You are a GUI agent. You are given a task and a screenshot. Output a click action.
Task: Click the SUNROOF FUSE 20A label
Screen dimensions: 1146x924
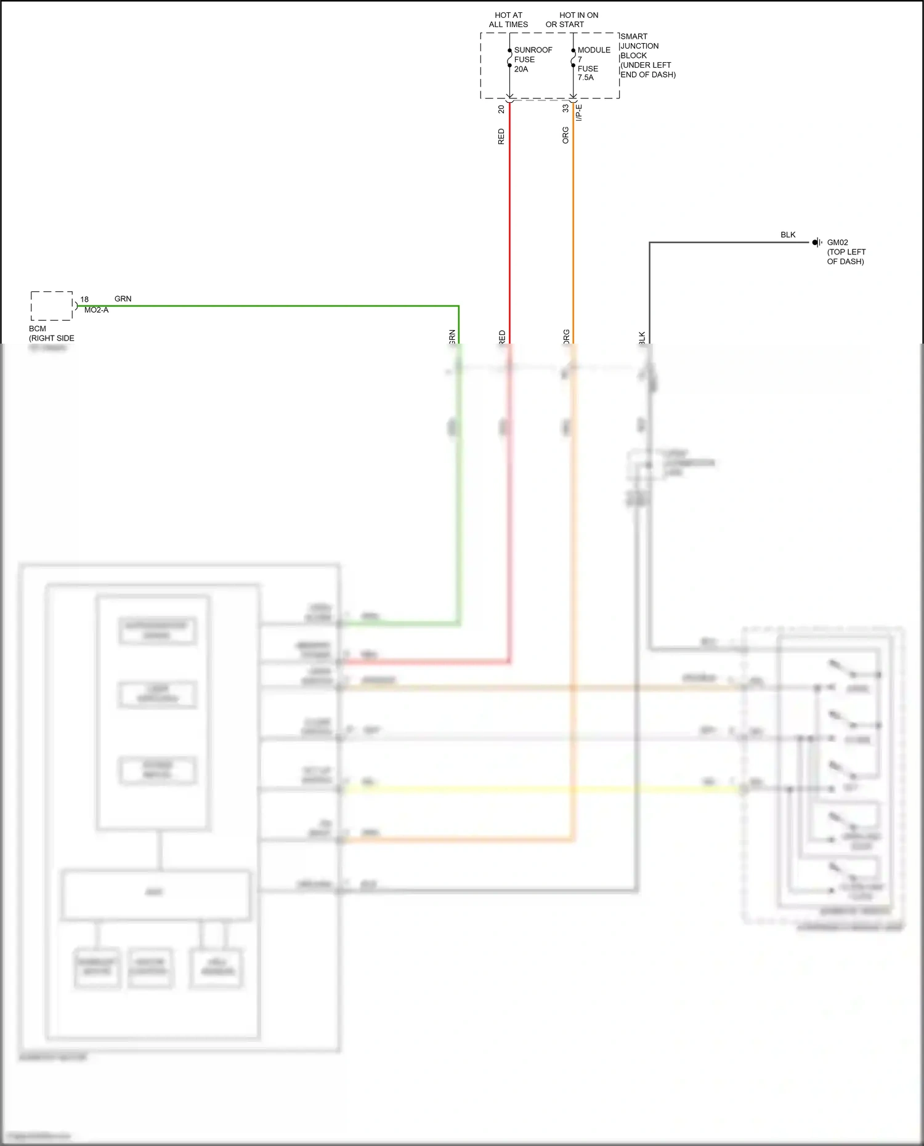(x=532, y=60)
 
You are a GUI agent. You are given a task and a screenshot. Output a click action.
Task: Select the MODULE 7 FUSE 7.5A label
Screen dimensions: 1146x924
(x=593, y=63)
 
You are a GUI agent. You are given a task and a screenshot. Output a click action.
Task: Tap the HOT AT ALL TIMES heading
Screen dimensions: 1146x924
(x=508, y=20)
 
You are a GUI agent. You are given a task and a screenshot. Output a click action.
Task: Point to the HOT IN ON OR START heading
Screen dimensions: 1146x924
(x=571, y=20)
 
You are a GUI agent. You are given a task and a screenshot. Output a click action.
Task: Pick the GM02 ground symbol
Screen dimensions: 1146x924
(x=817, y=243)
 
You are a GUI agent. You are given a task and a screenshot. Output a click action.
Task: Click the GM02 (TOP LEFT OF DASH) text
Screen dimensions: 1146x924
(x=846, y=252)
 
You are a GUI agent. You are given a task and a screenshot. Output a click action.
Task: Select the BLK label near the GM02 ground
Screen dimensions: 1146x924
(x=788, y=235)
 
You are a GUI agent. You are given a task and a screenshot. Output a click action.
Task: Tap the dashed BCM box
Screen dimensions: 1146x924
(x=52, y=306)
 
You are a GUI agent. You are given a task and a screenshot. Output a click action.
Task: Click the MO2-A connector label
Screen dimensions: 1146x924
(x=96, y=310)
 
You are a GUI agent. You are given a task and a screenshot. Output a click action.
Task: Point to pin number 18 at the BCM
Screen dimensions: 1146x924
(x=84, y=299)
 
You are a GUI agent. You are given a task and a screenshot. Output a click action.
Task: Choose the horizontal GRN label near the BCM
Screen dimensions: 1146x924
(x=123, y=299)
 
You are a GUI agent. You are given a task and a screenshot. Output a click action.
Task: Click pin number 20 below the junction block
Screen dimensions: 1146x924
(x=501, y=109)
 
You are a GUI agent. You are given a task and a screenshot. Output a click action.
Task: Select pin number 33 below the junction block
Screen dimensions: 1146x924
(x=565, y=108)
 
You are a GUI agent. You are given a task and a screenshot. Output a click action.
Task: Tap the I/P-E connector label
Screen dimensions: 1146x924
(x=579, y=112)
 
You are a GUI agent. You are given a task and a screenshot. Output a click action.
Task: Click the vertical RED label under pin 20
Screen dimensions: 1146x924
(x=501, y=137)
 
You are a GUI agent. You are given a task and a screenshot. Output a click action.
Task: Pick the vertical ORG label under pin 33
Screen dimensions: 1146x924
(x=565, y=135)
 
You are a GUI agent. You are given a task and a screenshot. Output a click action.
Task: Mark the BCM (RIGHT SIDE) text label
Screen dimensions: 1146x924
(x=51, y=333)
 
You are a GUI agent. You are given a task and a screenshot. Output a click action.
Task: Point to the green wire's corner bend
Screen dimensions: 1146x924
(x=458, y=306)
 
